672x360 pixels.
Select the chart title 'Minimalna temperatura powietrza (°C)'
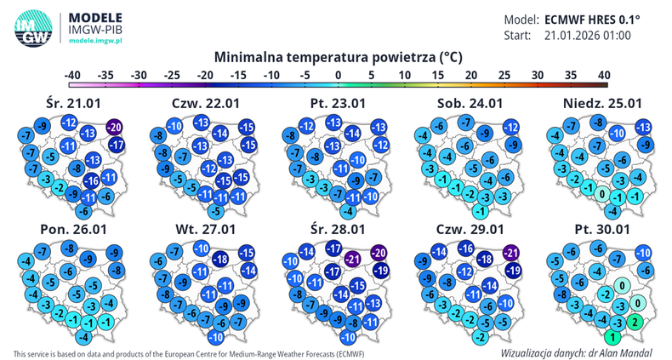click(x=339, y=58)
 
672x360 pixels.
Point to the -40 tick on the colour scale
click(x=72, y=76)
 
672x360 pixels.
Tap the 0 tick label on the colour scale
click(x=339, y=76)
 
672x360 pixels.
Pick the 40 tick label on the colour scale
click(x=603, y=76)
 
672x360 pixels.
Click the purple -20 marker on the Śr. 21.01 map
click(x=115, y=128)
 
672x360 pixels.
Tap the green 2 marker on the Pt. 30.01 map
click(x=635, y=323)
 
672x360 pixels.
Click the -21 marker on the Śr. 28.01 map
click(x=353, y=259)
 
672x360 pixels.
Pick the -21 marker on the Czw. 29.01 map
click(x=511, y=253)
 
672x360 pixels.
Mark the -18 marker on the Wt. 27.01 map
click(x=219, y=259)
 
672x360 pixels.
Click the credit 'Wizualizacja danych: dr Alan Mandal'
click(x=577, y=351)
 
